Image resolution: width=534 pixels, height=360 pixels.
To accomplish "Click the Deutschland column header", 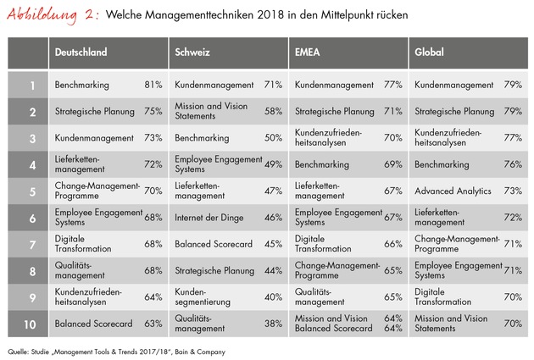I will click(x=81, y=52).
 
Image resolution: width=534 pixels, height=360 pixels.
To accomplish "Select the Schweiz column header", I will click(x=194, y=52).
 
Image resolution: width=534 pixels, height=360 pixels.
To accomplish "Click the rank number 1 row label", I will click(x=31, y=86).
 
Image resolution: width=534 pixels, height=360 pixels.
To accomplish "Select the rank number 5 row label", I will click(x=31, y=191).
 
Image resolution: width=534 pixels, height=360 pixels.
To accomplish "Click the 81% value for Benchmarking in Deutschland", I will click(x=153, y=86).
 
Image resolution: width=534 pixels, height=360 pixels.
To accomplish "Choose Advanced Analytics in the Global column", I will click(x=452, y=191).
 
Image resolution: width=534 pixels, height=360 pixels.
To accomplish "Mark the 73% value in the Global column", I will click(x=511, y=191).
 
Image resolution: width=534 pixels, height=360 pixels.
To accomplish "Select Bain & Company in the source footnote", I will click(x=195, y=350).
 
